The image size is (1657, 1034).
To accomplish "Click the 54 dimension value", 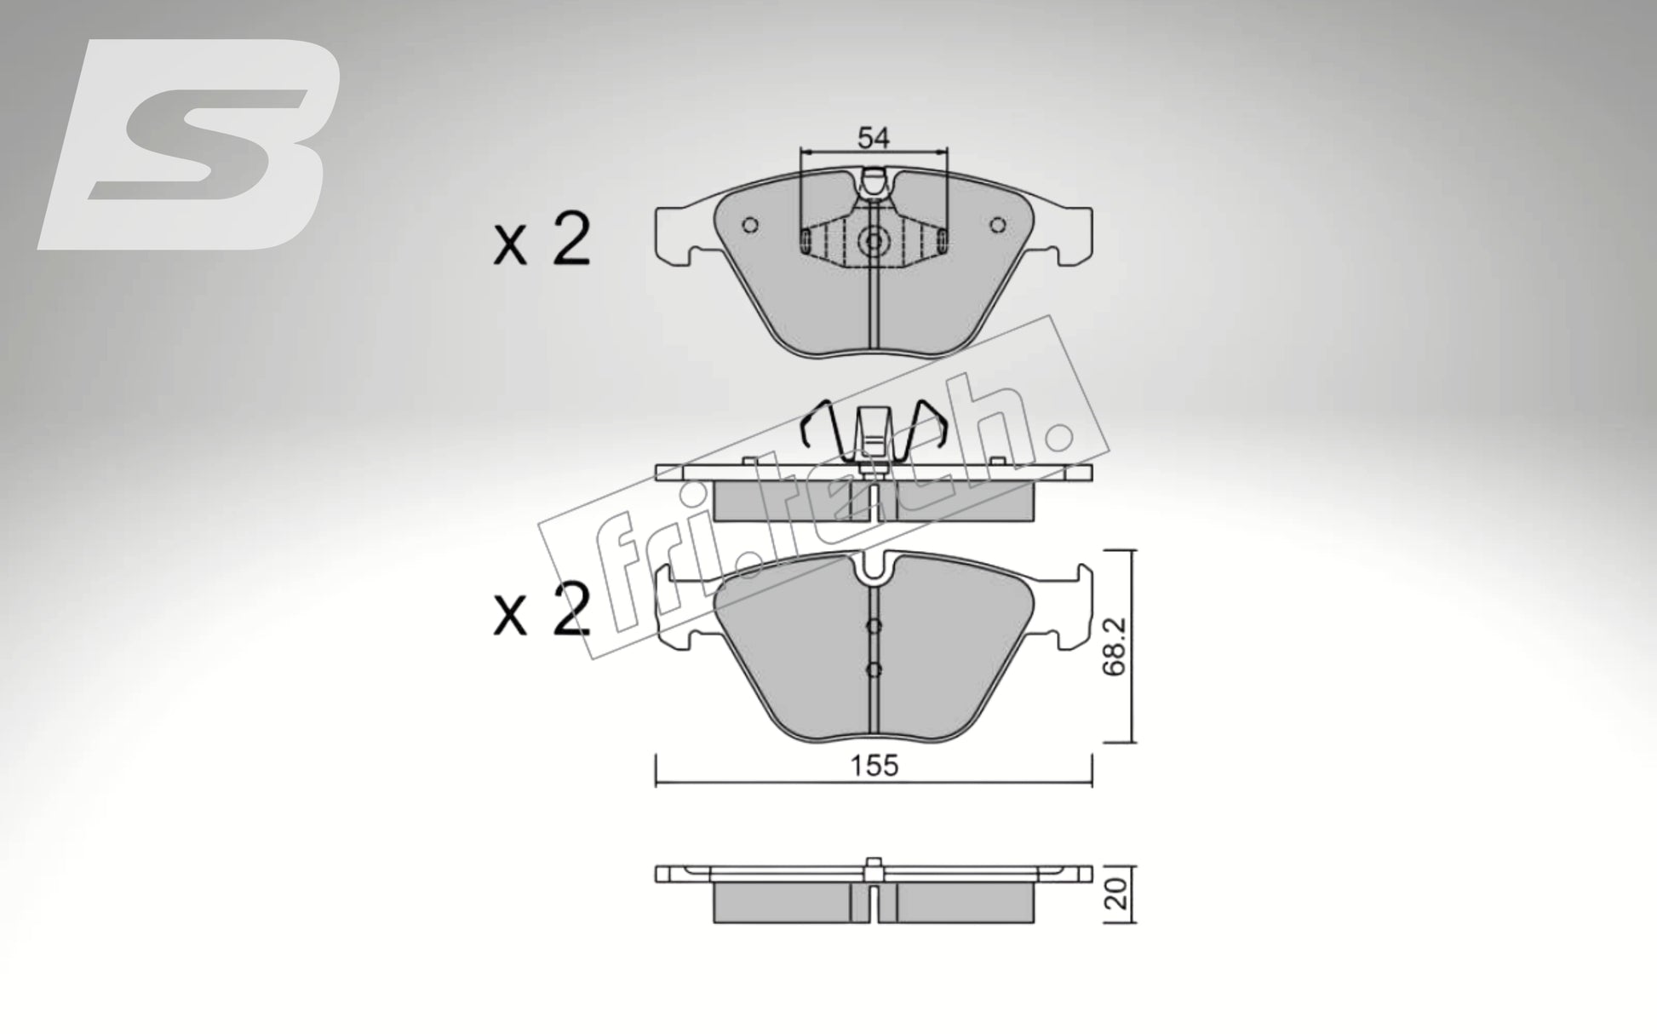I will point(873,137).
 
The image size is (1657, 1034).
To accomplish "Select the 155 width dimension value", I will point(874,766).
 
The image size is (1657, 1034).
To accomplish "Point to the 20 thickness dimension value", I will point(1118,893).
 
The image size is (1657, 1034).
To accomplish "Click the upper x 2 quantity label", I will point(542,241).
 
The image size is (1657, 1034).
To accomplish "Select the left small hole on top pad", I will point(750,225).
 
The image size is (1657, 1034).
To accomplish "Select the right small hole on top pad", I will point(998,225).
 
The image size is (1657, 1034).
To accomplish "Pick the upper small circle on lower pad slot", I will point(874,626).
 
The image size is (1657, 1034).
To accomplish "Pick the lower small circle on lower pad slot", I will point(874,669).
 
